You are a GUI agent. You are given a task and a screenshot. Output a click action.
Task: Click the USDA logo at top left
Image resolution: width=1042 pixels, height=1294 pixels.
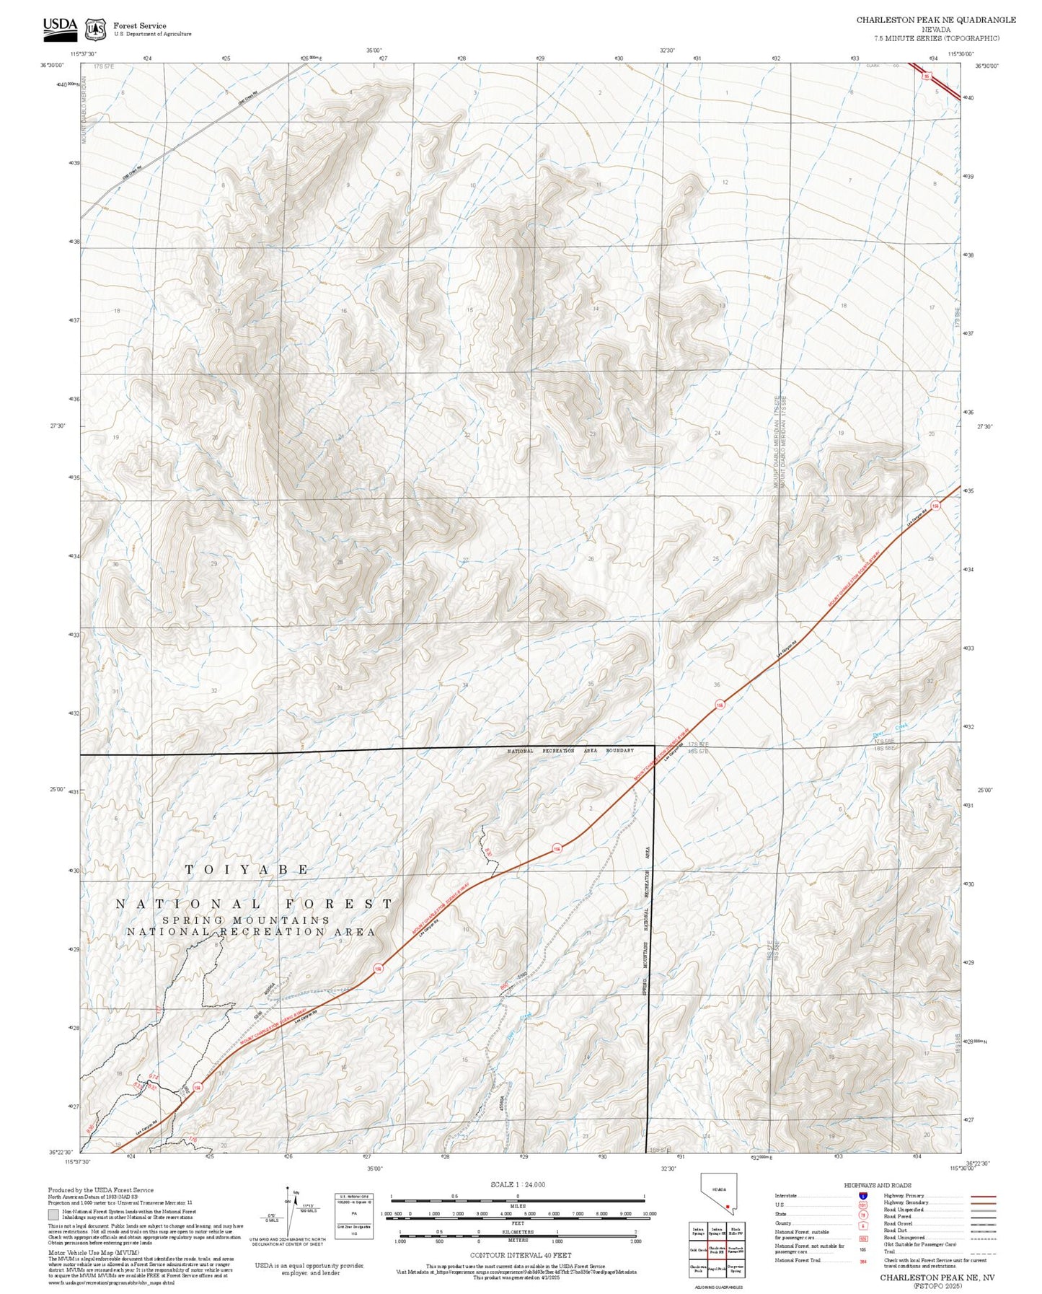tap(60, 27)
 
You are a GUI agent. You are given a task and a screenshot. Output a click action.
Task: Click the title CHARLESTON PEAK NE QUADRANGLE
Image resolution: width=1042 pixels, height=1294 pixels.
tap(935, 20)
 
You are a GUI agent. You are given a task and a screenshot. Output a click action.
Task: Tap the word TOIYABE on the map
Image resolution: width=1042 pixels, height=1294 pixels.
tap(247, 870)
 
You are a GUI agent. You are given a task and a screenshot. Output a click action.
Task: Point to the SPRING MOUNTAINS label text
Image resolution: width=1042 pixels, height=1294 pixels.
tap(246, 920)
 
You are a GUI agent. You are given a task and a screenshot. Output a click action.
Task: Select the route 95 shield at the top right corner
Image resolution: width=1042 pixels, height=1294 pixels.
tap(930, 76)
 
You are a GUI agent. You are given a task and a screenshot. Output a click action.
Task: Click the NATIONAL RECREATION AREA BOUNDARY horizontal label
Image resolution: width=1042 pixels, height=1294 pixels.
tap(570, 751)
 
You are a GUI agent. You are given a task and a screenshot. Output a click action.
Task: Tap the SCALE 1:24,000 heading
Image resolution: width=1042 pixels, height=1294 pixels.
tap(517, 1184)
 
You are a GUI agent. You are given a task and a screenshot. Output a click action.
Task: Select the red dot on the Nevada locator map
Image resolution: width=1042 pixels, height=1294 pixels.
tap(728, 1206)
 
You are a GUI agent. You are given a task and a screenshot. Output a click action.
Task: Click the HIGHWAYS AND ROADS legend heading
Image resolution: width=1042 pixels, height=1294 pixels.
tap(877, 1185)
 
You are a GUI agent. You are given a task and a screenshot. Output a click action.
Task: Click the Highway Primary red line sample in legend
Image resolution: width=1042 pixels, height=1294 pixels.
tap(983, 1196)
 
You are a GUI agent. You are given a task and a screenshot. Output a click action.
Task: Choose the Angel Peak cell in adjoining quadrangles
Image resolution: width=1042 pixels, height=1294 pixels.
tap(716, 1267)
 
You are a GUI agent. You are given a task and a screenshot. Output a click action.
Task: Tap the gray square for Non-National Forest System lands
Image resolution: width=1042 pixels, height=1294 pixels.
tap(53, 1215)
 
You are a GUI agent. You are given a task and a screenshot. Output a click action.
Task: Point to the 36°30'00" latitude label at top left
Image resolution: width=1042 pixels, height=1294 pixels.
tap(52, 66)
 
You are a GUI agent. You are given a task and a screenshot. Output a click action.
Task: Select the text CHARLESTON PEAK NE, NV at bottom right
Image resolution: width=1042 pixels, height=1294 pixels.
tap(937, 1277)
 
